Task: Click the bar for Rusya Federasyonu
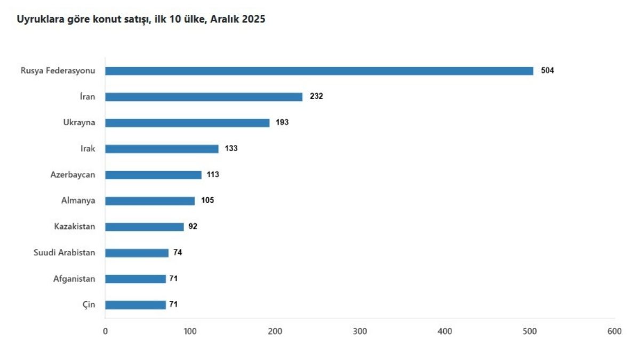tap(319, 71)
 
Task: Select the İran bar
tap(204, 97)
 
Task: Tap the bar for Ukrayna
tap(187, 123)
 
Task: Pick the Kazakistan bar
tap(145, 227)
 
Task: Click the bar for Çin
tap(135, 305)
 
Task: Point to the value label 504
tap(547, 71)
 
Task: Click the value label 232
tap(316, 97)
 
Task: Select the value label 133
tap(231, 148)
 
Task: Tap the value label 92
tap(193, 227)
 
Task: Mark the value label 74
tap(178, 252)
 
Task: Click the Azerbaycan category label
tap(73, 174)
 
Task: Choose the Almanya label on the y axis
tap(78, 201)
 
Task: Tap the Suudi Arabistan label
tap(65, 252)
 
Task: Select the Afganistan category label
tap(74, 278)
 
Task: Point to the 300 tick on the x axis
tap(360, 331)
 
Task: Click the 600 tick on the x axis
tap(614, 331)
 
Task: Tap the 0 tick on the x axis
tap(105, 331)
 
